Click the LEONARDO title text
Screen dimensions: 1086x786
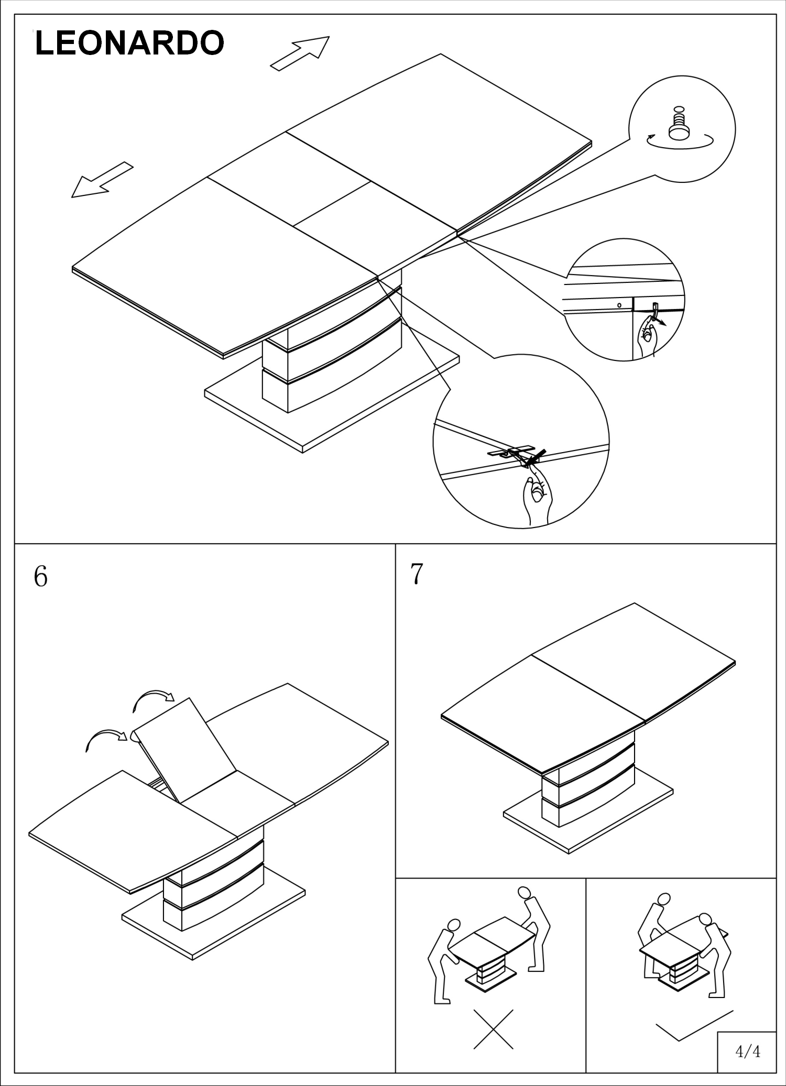point(129,43)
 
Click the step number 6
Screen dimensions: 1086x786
point(40,576)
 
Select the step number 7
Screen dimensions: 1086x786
point(416,574)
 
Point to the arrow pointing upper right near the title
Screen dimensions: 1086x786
point(300,53)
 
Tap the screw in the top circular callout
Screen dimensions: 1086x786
point(680,126)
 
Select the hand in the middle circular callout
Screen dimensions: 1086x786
point(648,337)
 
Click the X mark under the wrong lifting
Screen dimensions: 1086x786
point(493,1029)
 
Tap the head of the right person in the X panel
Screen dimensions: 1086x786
point(523,893)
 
